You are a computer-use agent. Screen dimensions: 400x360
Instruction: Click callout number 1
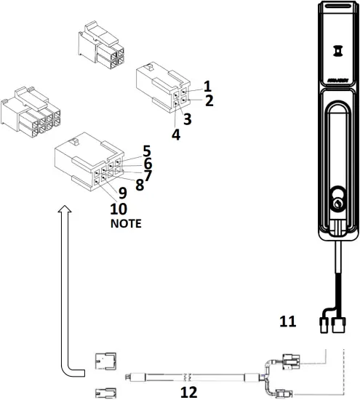(207, 86)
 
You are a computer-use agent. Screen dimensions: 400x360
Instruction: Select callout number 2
(209, 100)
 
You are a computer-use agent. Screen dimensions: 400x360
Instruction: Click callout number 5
(146, 151)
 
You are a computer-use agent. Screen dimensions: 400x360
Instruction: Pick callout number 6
(148, 164)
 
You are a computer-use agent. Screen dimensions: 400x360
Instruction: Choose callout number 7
(148, 175)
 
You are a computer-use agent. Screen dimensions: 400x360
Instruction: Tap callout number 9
(123, 194)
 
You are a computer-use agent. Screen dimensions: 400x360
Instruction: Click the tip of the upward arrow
(65, 208)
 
